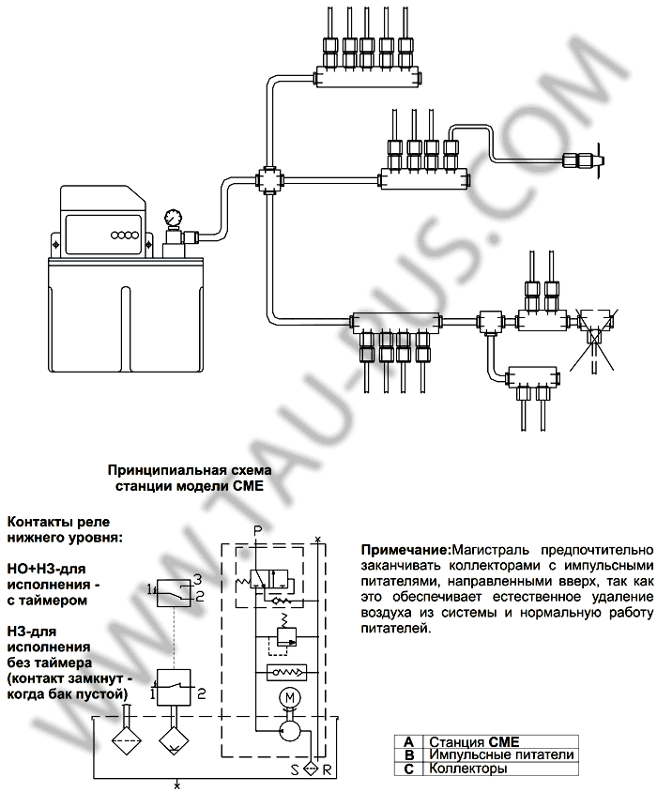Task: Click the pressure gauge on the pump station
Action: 173,218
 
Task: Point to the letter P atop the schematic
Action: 257,532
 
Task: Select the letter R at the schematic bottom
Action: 327,769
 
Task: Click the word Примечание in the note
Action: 405,549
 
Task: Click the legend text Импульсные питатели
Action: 500,754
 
